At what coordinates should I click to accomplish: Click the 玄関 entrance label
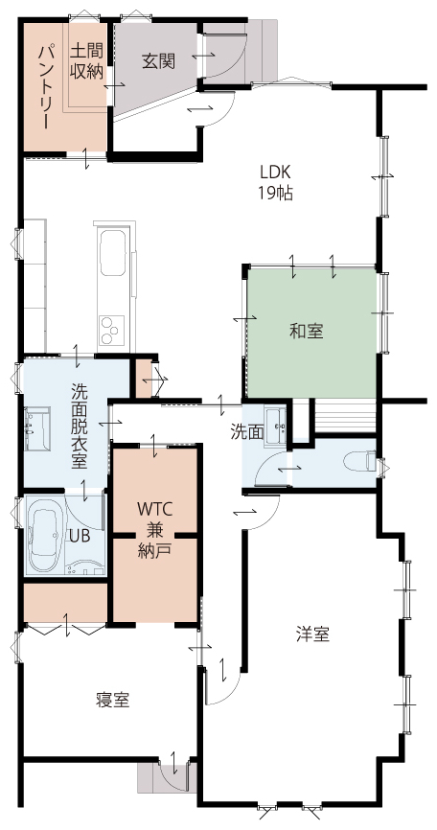click(x=158, y=62)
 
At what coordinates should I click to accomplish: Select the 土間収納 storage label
click(x=86, y=62)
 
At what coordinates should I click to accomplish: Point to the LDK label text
click(x=276, y=172)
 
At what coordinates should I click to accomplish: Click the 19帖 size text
click(x=275, y=194)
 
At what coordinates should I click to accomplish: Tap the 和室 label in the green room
click(x=307, y=332)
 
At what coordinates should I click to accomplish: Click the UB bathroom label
click(x=80, y=535)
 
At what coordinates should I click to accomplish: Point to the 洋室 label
click(x=312, y=634)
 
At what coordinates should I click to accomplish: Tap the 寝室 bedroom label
click(x=113, y=700)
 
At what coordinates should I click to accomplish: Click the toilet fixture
click(x=361, y=460)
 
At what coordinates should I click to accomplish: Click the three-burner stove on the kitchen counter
click(x=111, y=330)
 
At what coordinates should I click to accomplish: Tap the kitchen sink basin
click(x=112, y=252)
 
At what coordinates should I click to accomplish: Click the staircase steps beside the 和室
click(x=344, y=417)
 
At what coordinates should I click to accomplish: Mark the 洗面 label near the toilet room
click(x=247, y=432)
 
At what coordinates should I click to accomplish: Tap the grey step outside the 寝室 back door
click(x=166, y=777)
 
